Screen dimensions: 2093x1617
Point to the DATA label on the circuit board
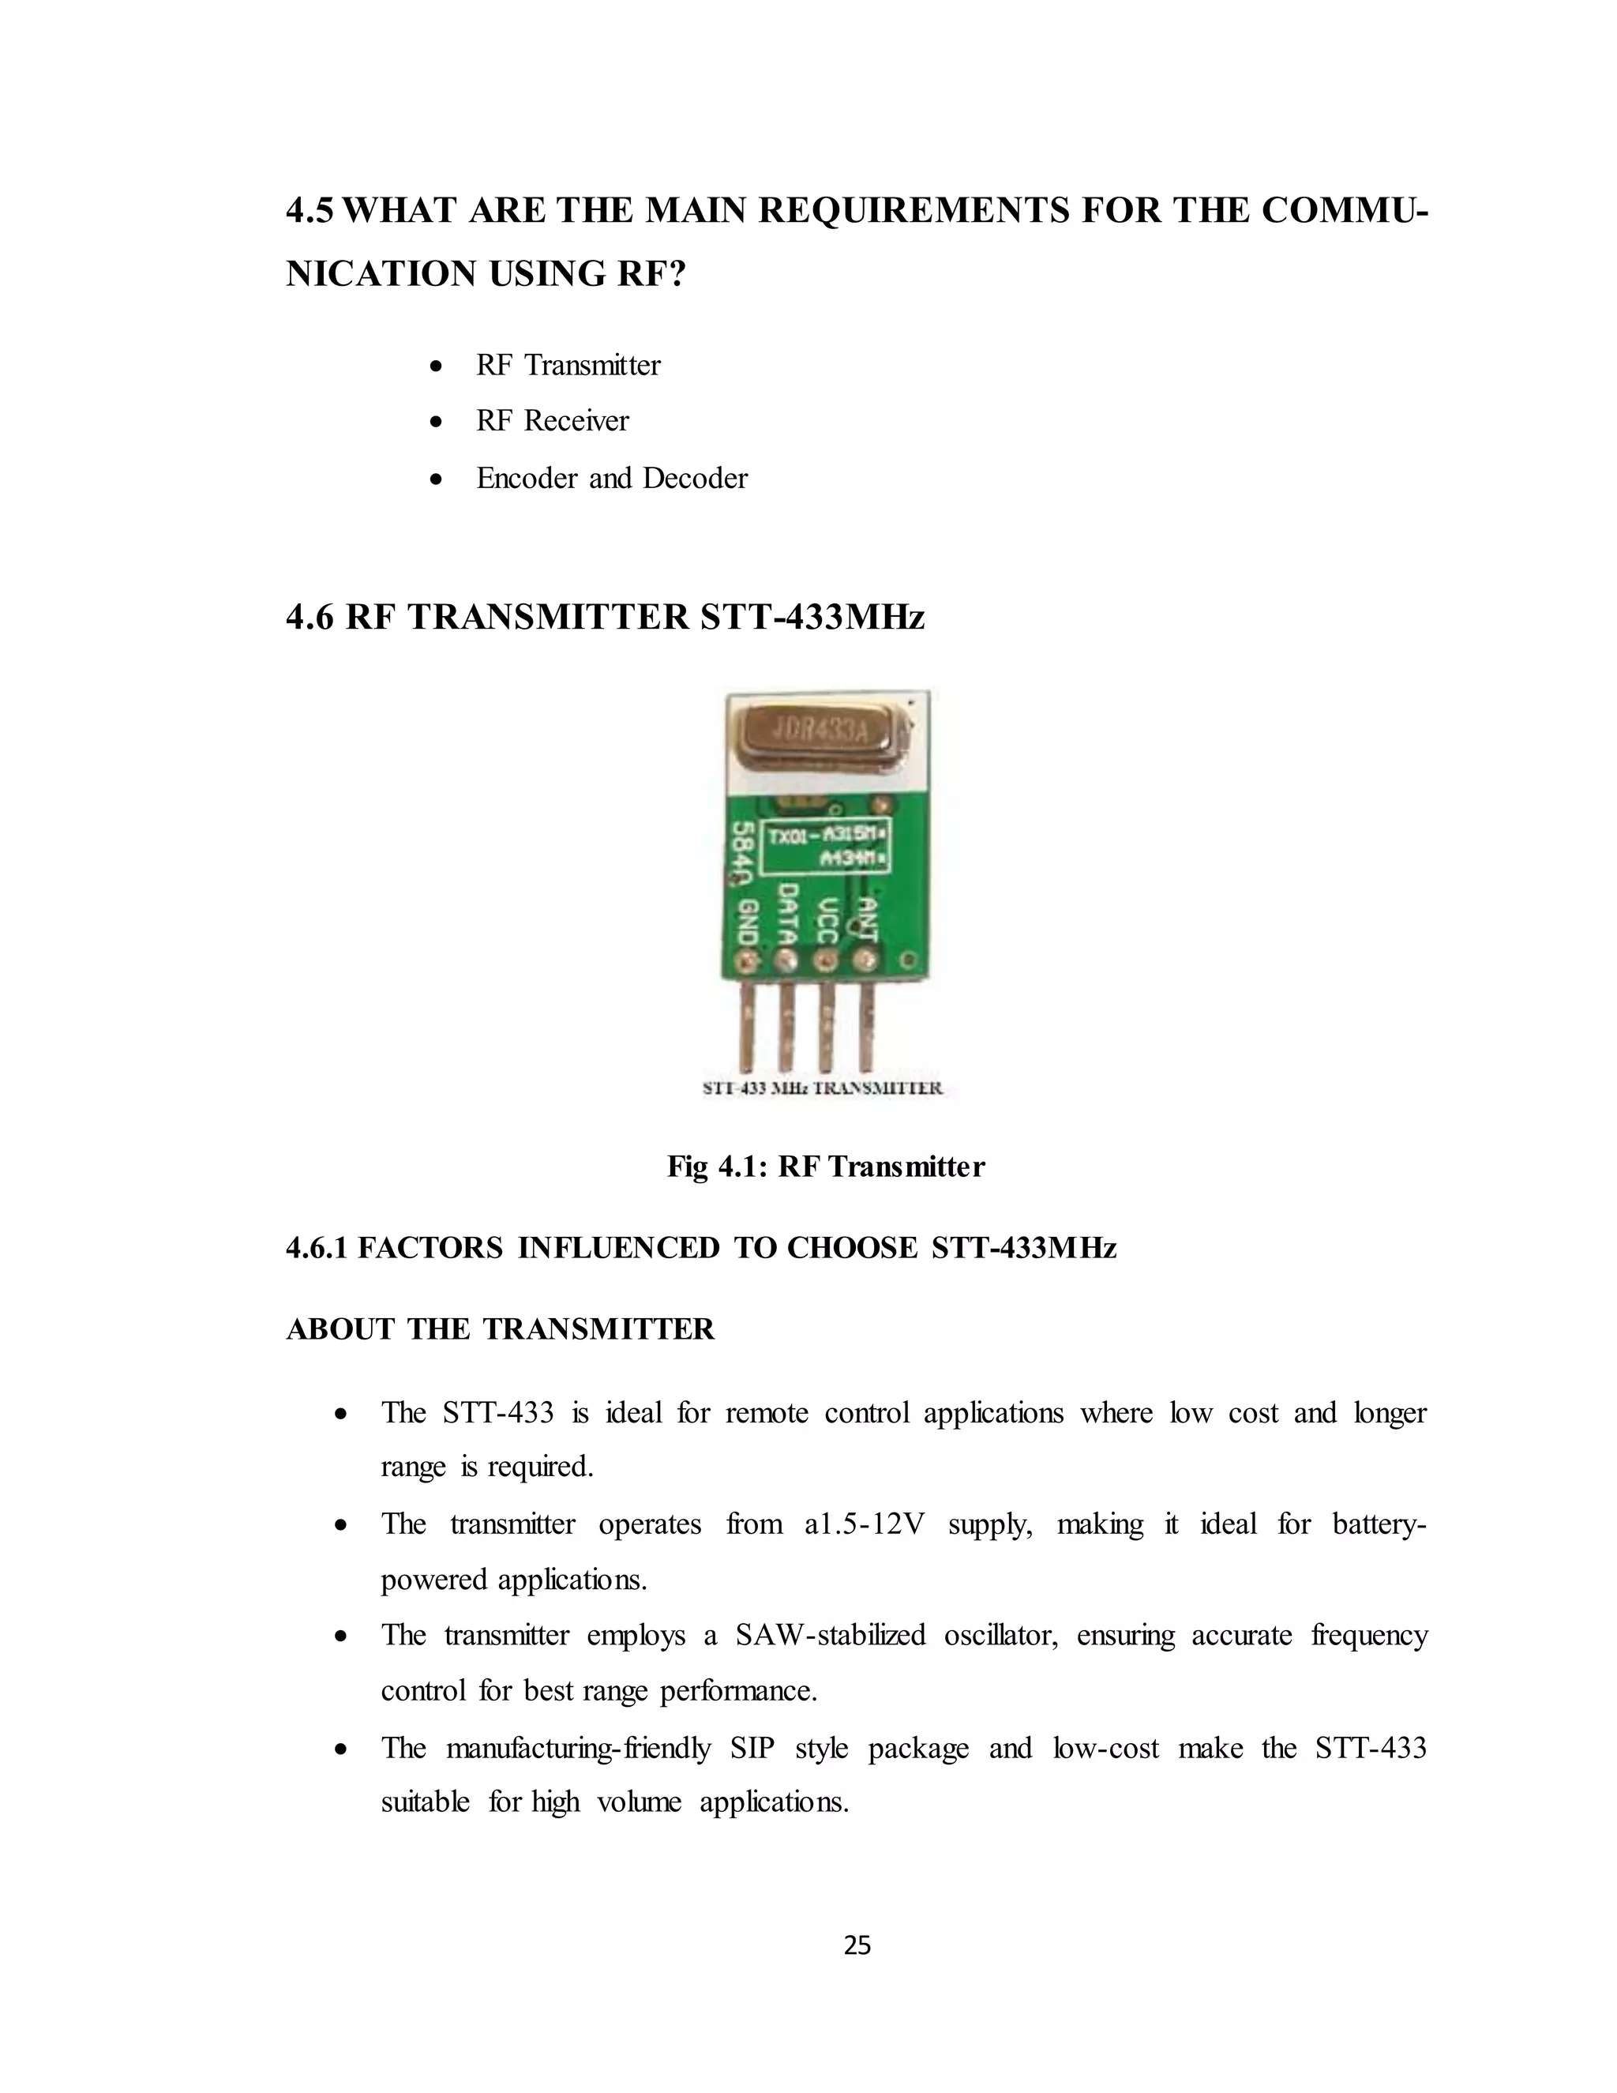click(787, 915)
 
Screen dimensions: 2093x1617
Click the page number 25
click(857, 1945)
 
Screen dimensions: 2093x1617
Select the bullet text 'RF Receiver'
click(552, 422)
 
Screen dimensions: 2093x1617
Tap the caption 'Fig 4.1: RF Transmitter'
click(826, 1167)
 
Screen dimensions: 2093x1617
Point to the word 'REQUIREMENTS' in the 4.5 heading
click(913, 211)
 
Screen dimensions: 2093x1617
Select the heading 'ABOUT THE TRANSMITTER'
click(500, 1329)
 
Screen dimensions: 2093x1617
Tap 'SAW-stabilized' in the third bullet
click(831, 1635)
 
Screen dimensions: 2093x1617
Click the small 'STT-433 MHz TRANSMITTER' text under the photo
click(823, 1088)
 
